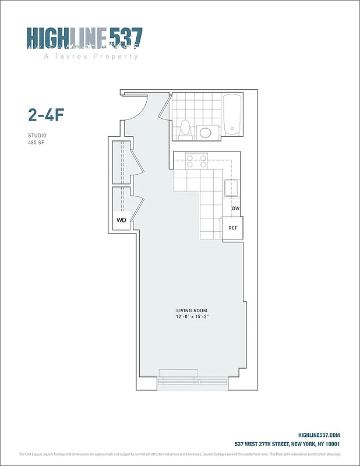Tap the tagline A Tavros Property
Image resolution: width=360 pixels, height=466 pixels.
(91, 57)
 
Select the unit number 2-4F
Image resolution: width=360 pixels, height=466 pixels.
(45, 114)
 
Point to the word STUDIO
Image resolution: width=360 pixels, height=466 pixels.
(37, 135)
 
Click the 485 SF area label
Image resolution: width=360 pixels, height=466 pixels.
(36, 142)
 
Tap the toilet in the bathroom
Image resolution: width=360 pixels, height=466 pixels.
(186, 127)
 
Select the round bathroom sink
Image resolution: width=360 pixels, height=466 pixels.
(206, 132)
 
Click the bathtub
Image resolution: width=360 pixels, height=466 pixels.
(232, 114)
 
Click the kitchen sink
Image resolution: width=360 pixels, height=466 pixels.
(232, 189)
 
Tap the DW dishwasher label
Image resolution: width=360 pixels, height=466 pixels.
(235, 209)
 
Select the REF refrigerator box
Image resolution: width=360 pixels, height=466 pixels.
(232, 228)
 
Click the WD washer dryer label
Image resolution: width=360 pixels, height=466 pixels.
(121, 220)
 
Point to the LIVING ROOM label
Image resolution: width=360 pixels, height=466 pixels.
(192, 310)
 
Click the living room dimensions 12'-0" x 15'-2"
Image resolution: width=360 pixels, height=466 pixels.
(192, 317)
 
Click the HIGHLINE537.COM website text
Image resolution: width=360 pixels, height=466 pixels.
(319, 435)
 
